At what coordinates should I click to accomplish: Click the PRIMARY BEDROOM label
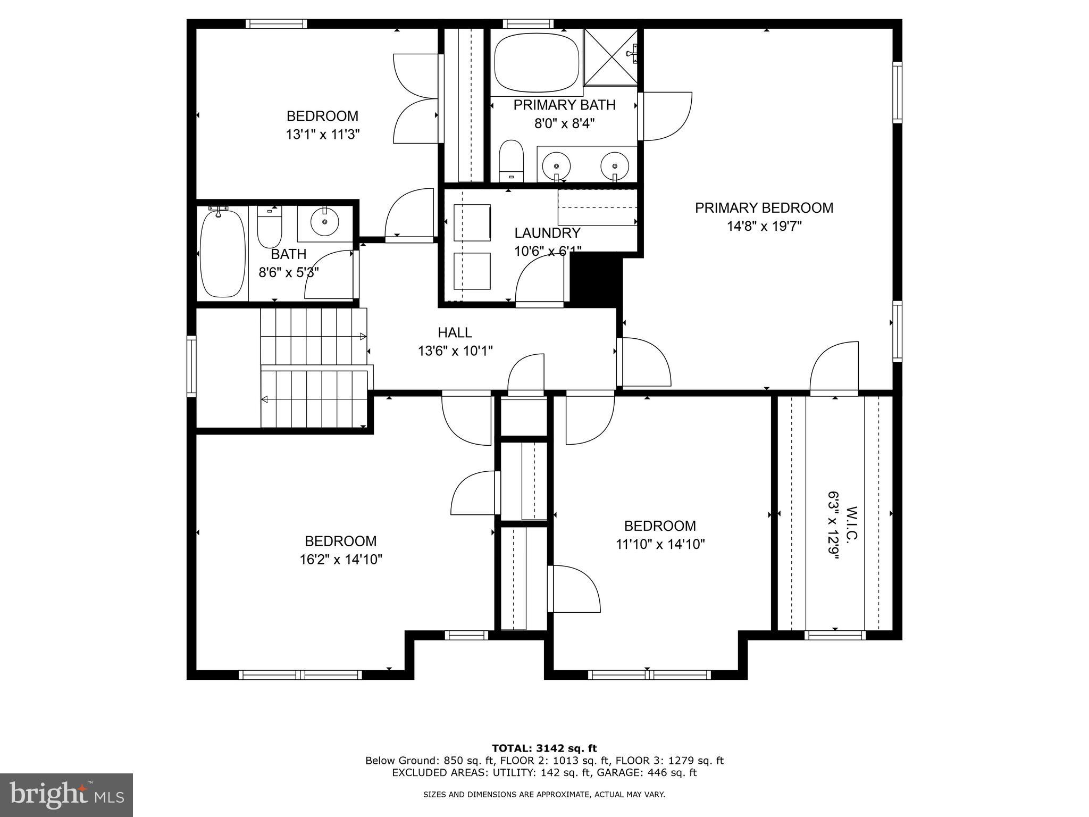pyautogui.click(x=764, y=208)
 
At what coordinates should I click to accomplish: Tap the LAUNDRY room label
pyautogui.click(x=547, y=233)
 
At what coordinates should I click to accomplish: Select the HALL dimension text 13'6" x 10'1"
pyautogui.click(x=455, y=351)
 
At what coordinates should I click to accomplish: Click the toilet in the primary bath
pyautogui.click(x=512, y=160)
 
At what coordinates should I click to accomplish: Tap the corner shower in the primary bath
pyautogui.click(x=610, y=57)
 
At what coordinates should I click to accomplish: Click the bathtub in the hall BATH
pyautogui.click(x=222, y=254)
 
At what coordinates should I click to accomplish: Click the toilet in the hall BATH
pyautogui.click(x=269, y=229)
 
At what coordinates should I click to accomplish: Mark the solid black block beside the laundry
pyautogui.click(x=595, y=280)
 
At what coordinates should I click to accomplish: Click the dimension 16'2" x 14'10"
pyautogui.click(x=341, y=560)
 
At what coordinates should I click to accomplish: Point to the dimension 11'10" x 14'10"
pyautogui.click(x=660, y=545)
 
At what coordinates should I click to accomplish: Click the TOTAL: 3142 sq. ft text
pyautogui.click(x=544, y=749)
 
